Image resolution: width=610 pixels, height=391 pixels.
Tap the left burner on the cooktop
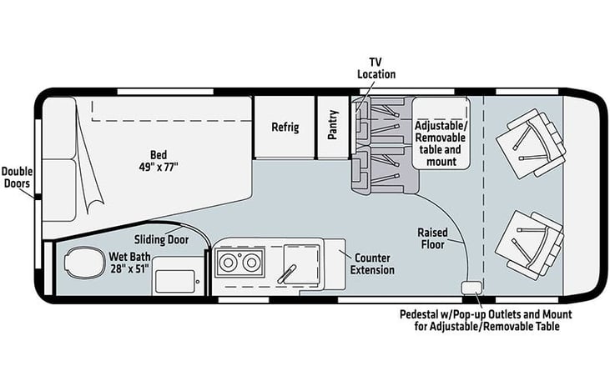[x=225, y=263]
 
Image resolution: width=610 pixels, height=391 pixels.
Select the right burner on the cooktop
[x=250, y=263]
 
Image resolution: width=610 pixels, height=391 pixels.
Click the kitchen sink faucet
[x=287, y=273]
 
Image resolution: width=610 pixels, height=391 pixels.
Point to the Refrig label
[x=285, y=127]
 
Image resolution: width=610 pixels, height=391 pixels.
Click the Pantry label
[x=333, y=125]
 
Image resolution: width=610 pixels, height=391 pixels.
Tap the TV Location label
[x=376, y=68]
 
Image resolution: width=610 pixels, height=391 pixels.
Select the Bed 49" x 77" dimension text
[x=159, y=161]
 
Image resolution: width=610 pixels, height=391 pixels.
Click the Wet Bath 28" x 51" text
[x=129, y=263]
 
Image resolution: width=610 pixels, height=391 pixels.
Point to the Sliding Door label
[x=161, y=239]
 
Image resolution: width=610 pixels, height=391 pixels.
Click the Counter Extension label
[x=372, y=264]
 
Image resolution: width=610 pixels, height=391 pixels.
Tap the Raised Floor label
[x=432, y=238]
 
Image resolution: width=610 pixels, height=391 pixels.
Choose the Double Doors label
[x=17, y=178]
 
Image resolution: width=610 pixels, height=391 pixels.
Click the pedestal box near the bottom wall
[x=471, y=288]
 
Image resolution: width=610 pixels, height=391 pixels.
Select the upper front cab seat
[x=531, y=143]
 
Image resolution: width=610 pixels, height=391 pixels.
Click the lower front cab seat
[x=530, y=245]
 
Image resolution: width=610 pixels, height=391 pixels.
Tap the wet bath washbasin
[x=174, y=282]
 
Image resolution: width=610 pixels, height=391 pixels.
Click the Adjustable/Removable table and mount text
[x=441, y=143]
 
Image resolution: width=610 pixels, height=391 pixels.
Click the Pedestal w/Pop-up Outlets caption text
[x=486, y=320]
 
